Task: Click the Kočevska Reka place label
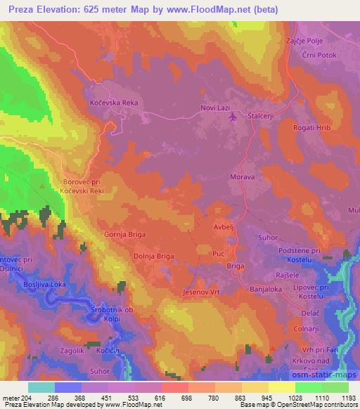click(x=115, y=103)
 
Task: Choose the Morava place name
click(x=242, y=178)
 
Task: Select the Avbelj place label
click(x=224, y=227)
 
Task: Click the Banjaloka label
click(x=264, y=289)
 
